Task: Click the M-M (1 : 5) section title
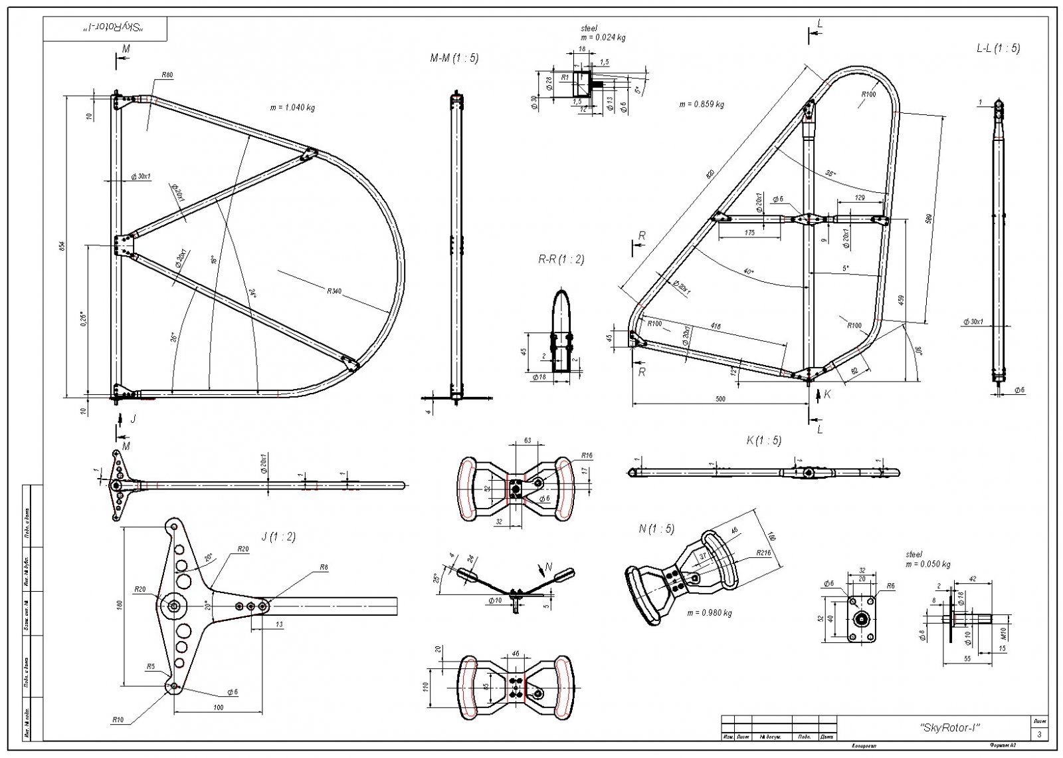click(x=454, y=59)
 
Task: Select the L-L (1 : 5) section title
click(x=998, y=48)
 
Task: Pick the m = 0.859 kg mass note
click(x=702, y=104)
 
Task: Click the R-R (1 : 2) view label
click(x=561, y=259)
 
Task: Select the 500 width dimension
click(x=720, y=399)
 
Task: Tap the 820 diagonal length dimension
click(x=710, y=174)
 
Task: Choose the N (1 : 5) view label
click(x=656, y=529)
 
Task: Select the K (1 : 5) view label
click(x=764, y=440)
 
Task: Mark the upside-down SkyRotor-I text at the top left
click(x=105, y=29)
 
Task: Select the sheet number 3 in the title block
click(x=1039, y=734)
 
